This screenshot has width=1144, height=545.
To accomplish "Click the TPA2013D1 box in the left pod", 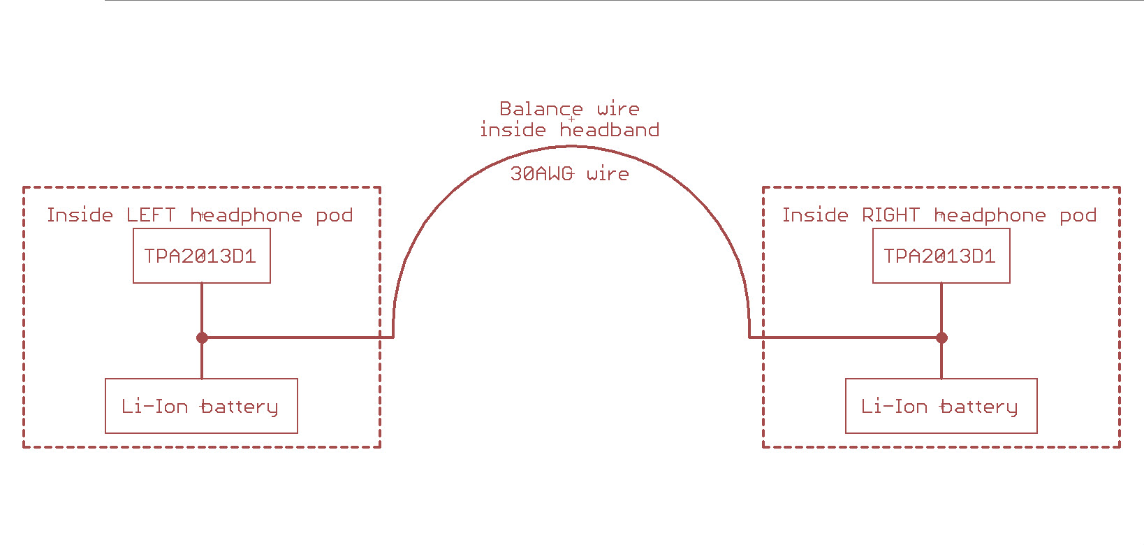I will [201, 256].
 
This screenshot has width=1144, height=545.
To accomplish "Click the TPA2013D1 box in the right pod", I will [940, 256].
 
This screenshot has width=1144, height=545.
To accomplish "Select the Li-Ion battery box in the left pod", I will [201, 406].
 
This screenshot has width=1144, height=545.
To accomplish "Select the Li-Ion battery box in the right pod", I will [940, 406].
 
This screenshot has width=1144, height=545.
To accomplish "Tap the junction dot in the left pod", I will [202, 337].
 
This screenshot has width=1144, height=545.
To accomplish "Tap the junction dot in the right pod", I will [941, 337].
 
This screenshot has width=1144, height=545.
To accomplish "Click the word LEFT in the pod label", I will [151, 215].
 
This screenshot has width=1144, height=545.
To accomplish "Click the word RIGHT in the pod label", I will [890, 215].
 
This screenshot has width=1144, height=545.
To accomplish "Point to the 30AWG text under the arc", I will [542, 174].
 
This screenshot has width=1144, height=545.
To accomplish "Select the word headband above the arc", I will [609, 130].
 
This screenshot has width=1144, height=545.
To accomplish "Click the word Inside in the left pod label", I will [80, 215].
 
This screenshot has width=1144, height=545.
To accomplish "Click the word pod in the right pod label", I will [1078, 216].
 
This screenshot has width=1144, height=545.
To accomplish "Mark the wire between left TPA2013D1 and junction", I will [202, 309].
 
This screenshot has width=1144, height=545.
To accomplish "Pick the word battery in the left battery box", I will [239, 407].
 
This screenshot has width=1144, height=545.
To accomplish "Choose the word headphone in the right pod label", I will [990, 216].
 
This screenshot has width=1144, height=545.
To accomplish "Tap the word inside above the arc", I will [513, 130].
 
